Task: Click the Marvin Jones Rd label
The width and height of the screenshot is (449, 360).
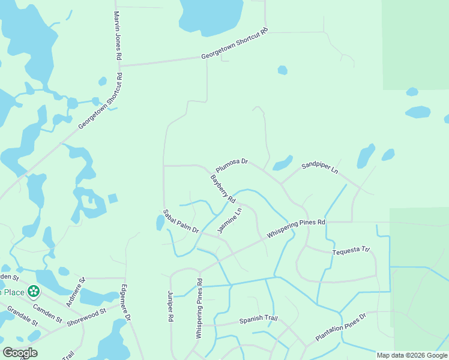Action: pos(118,35)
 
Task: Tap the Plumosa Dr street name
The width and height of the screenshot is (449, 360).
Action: pos(232,162)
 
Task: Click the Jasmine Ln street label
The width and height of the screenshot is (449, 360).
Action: pos(231,221)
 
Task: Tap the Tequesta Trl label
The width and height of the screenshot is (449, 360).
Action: pos(351,251)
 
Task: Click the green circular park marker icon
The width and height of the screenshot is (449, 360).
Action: pos(34,292)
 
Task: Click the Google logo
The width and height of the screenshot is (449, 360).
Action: pos(20,353)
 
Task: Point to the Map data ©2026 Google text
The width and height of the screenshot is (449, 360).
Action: pos(411,355)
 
